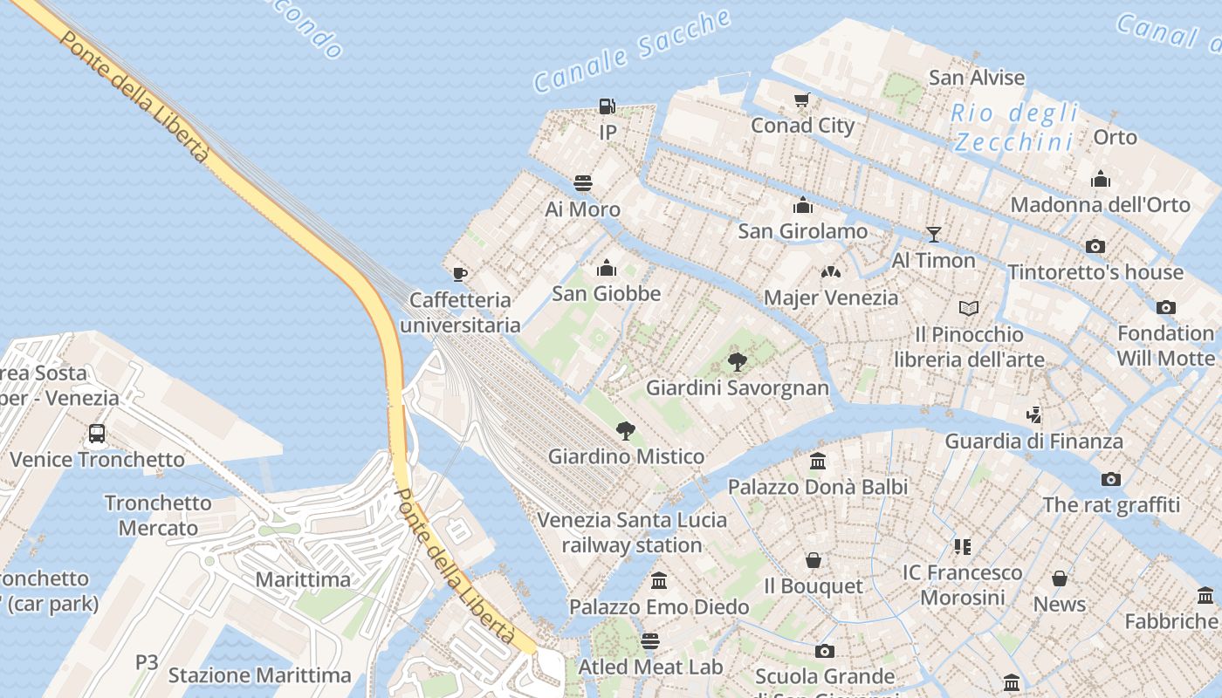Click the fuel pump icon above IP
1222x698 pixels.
pos(607,106)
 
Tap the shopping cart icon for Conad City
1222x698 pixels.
pos(802,100)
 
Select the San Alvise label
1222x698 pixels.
pos(977,78)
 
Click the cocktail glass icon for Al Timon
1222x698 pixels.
pos(933,234)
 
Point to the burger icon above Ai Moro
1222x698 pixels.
pos(583,183)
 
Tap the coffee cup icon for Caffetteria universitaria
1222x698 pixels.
pos(460,274)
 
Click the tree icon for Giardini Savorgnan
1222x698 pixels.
pos(738,361)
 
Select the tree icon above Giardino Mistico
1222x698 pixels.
pos(625,430)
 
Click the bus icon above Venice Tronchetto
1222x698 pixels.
pos(97,434)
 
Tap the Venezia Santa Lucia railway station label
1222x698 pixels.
pos(632,532)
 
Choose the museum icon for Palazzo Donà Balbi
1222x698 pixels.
pos(818,461)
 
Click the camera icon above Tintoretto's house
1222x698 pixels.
pos(1095,246)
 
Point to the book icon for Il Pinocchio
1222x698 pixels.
pos(969,308)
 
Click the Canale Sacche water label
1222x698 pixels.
pos(632,51)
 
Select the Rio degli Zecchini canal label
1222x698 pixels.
pos(1014,127)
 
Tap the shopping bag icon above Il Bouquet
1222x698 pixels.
pos(814,560)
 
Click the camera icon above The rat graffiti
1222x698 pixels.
pos(1110,479)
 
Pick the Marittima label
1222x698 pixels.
pos(303,579)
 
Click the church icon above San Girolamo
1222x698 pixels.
pos(802,206)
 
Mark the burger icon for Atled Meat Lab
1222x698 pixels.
pos(650,641)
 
